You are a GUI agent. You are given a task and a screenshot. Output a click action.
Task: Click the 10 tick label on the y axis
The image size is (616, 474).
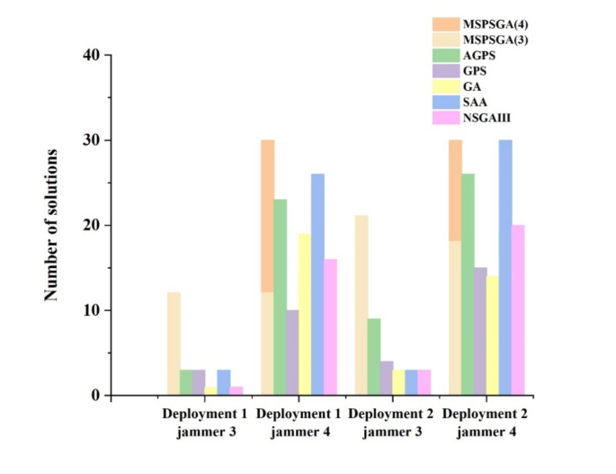click(94, 310)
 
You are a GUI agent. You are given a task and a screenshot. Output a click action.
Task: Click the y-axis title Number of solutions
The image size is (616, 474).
click(51, 225)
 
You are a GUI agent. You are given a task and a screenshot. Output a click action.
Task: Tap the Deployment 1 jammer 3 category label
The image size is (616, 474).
click(204, 424)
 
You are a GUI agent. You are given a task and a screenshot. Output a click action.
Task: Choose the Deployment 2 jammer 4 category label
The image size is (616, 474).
click(486, 424)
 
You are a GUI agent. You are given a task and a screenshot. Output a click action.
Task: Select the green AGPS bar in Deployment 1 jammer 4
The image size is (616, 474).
click(281, 297)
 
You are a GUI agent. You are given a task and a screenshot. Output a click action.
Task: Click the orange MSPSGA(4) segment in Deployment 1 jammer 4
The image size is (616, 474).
click(268, 216)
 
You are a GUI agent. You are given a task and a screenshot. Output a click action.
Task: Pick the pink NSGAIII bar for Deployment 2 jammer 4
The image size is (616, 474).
click(517, 310)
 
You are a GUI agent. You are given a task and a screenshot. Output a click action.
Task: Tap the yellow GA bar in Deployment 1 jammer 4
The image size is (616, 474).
click(305, 314)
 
